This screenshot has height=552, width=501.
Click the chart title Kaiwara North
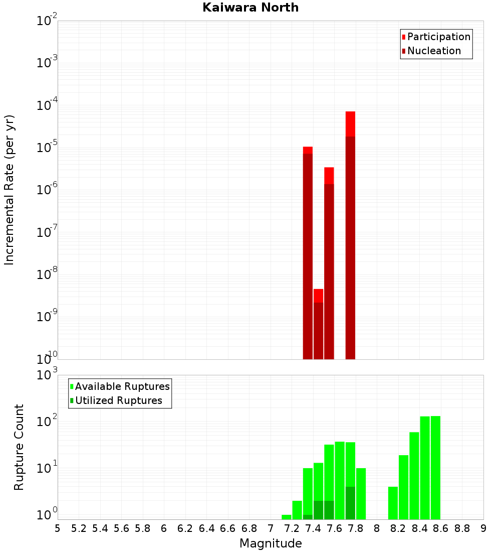(x=250, y=8)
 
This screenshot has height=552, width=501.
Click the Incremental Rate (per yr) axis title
(x=10, y=190)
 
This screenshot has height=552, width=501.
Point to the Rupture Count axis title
(x=19, y=447)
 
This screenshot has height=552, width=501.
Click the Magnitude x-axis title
(x=271, y=543)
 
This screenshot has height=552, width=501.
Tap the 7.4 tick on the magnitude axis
(x=313, y=528)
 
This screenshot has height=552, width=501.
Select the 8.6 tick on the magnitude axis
(x=441, y=528)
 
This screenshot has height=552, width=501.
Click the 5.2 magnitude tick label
(x=79, y=528)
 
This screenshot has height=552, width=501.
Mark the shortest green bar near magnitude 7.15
(x=287, y=517)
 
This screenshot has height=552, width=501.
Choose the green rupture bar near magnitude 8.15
(x=393, y=503)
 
